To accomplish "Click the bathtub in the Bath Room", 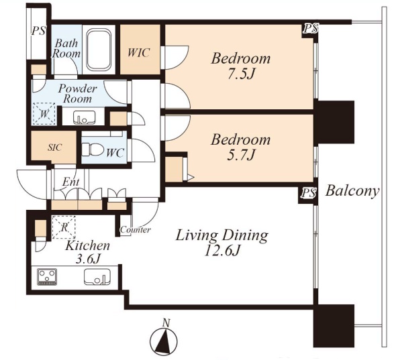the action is (x=99, y=50).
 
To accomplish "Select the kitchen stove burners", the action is (x=47, y=277).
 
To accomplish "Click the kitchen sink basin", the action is (x=97, y=277).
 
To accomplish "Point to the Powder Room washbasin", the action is (x=85, y=117).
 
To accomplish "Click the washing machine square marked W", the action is (x=44, y=114).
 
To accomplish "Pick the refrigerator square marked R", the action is (x=64, y=227).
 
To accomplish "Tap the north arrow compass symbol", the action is (x=164, y=339).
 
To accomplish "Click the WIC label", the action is (x=138, y=53).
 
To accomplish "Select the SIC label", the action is (x=54, y=147).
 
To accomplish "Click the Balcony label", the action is (x=352, y=191).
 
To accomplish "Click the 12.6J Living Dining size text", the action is (x=221, y=251).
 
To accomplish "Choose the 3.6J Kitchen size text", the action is (x=88, y=259).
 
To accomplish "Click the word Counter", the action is (x=136, y=230).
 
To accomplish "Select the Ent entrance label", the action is (x=70, y=182).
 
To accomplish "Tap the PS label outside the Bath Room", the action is (x=38, y=31).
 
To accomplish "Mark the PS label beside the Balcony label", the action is (x=308, y=194).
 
